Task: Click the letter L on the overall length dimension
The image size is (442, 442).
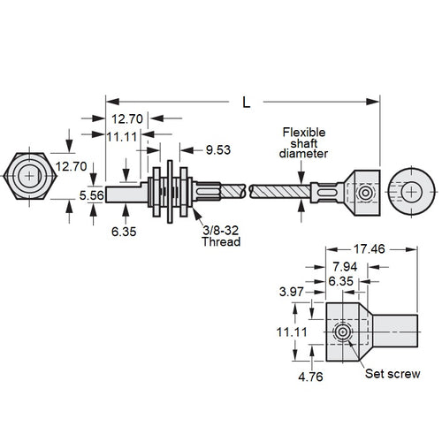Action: (x=246, y=102)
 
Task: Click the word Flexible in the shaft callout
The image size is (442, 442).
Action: (x=303, y=132)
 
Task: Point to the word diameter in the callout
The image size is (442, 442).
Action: (x=305, y=153)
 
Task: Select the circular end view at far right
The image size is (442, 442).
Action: (x=411, y=190)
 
